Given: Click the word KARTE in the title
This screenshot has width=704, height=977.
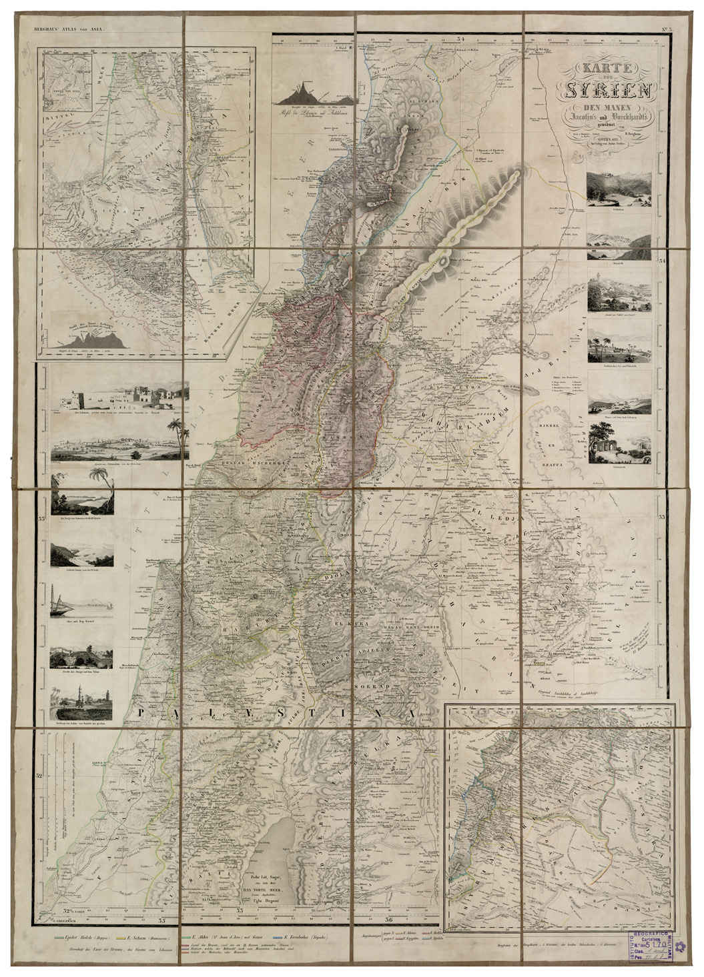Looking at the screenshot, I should [x=585, y=68].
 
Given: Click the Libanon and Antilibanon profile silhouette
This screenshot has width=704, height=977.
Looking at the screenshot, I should [x=304, y=91].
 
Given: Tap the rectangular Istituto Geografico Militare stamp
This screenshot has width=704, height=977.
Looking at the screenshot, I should [x=647, y=946].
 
